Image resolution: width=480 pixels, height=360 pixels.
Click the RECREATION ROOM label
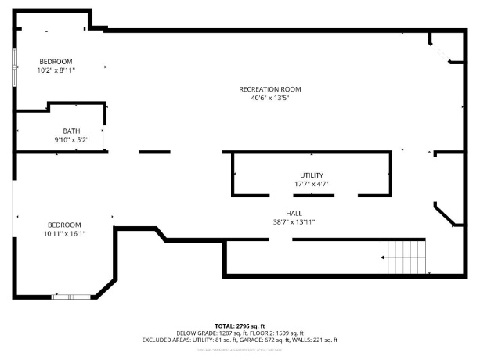(269, 89)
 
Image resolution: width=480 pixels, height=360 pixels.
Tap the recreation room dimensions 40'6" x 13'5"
(269, 98)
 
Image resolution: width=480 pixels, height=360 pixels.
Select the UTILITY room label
(311, 175)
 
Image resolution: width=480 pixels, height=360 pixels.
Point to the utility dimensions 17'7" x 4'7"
(311, 184)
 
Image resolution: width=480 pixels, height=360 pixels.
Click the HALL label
(294, 213)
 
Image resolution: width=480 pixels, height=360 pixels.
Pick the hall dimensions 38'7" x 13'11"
(294, 221)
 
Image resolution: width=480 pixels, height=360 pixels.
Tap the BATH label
(71, 131)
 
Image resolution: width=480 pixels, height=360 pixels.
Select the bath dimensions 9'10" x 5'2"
(71, 139)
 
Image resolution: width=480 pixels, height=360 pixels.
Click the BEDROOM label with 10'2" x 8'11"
(56, 62)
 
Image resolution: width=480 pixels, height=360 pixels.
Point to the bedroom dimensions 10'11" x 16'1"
(63, 232)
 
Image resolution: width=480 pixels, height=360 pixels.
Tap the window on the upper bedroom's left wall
(13, 67)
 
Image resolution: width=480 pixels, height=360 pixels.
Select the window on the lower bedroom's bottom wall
(70, 297)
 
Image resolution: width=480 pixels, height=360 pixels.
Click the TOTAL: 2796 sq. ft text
(240, 326)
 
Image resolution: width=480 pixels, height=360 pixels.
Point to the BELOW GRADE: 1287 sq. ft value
(208, 333)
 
